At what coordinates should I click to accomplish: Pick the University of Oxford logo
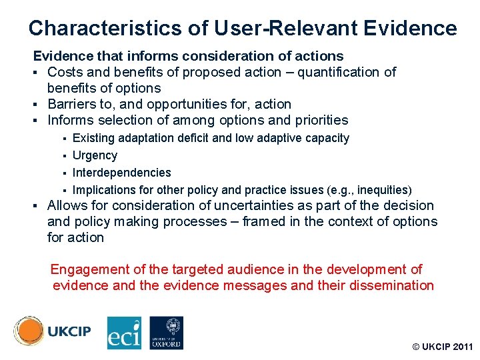pyautogui.click(x=166, y=333)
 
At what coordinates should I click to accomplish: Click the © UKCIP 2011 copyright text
pyautogui.click(x=442, y=347)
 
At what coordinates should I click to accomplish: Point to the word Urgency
pyautogui.click(x=95, y=155)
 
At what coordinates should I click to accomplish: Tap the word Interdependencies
pyautogui.click(x=121, y=173)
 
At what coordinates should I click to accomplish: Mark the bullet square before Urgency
pyautogui.click(x=65, y=156)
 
